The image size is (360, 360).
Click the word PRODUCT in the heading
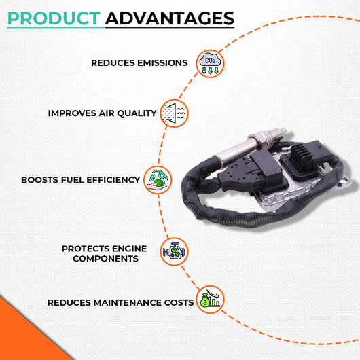click(54, 18)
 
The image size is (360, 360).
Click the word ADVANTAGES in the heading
click(170, 18)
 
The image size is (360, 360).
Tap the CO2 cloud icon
click(210, 63)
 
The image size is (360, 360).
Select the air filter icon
click(174, 113)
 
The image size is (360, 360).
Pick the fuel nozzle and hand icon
click(158, 180)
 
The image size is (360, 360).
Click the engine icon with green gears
click(174, 251)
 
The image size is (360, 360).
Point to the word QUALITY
click(137, 113)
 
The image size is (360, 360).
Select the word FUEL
click(72, 180)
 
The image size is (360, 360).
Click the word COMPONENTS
click(105, 259)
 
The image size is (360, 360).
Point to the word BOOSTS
click(39, 180)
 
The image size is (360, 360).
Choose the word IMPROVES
click(72, 113)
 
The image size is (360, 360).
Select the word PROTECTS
click(84, 249)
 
